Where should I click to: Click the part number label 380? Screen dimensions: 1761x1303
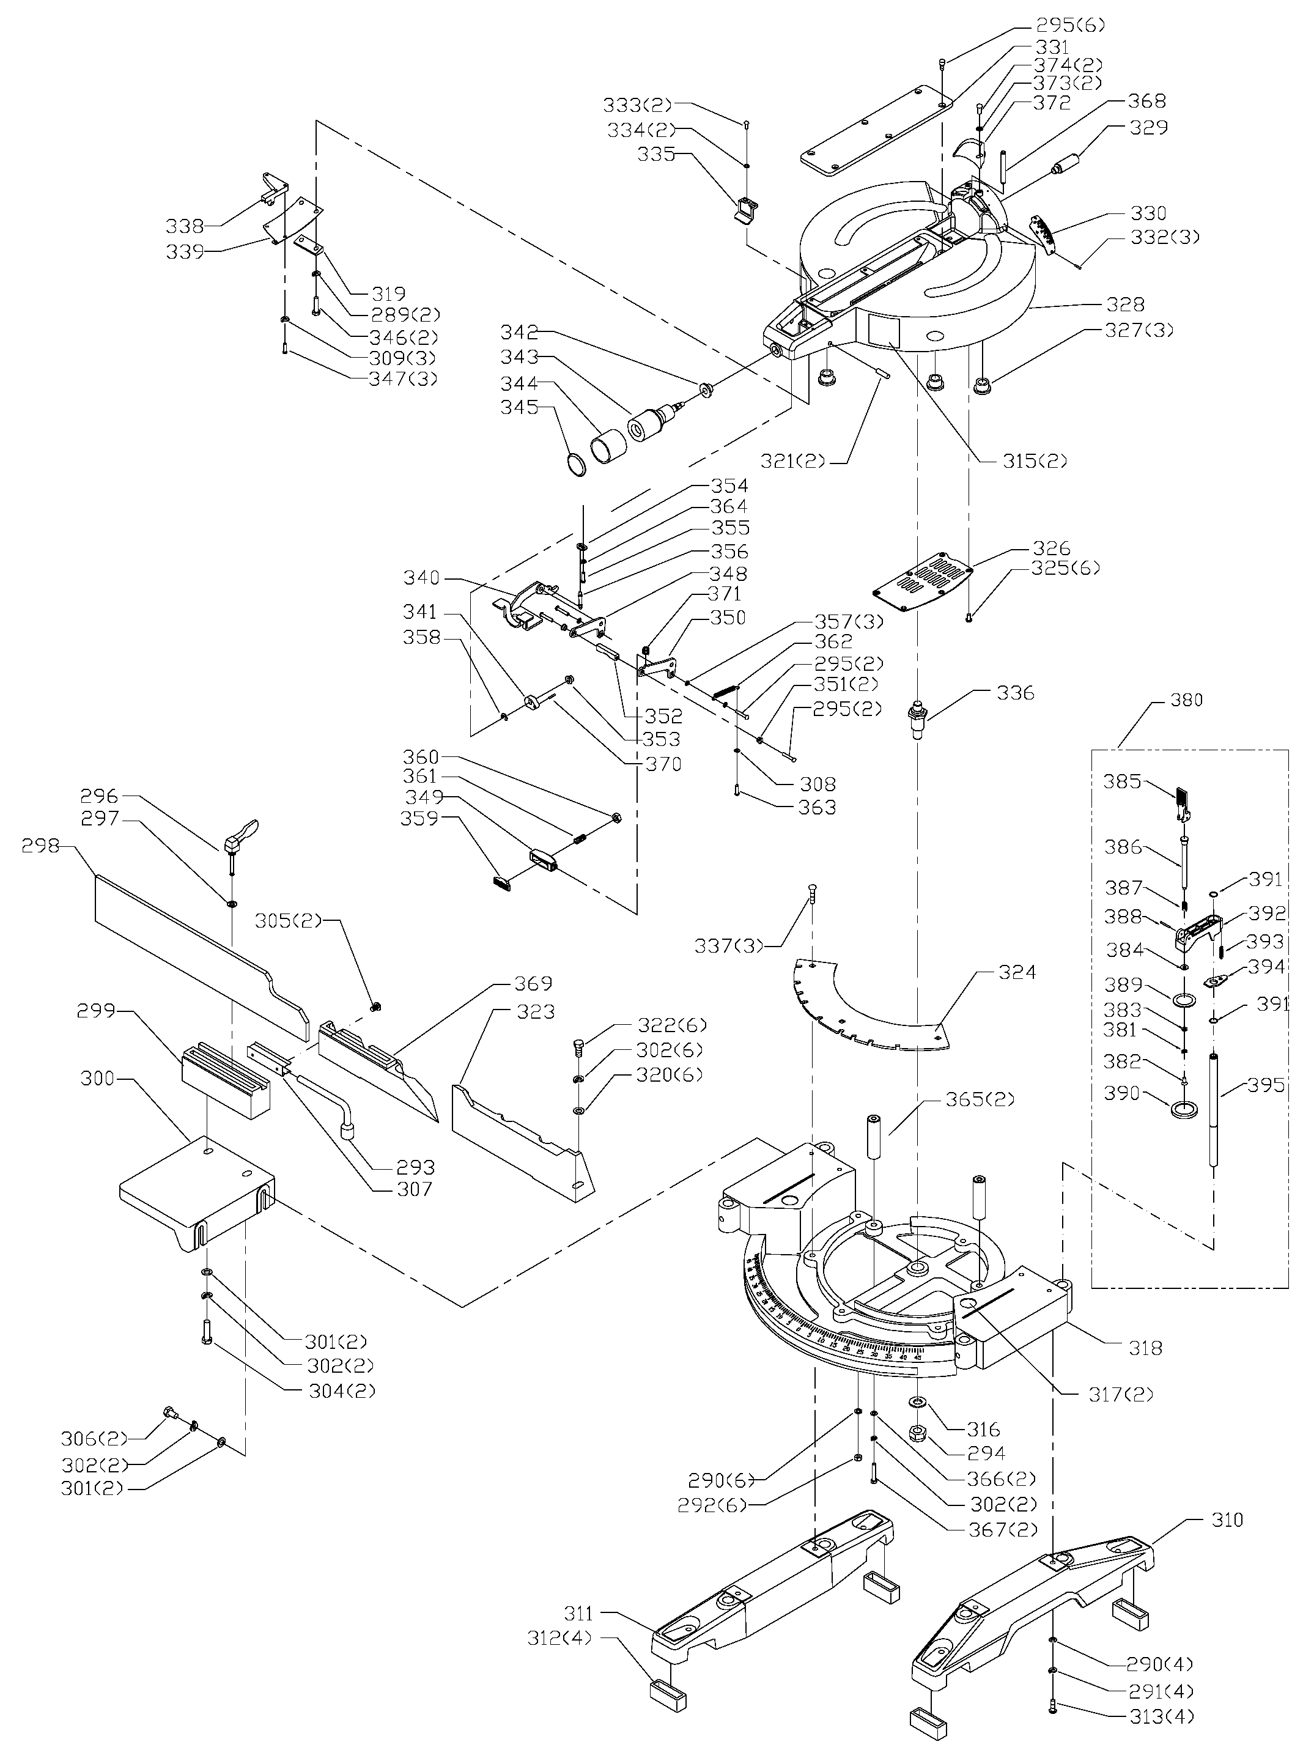pyautogui.click(x=1186, y=700)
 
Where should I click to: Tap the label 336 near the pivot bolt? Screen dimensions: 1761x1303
pyautogui.click(x=1015, y=692)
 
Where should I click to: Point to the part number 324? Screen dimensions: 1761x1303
pyautogui.click(x=1017, y=972)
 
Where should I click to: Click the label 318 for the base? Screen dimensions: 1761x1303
pyautogui.click(x=1145, y=1348)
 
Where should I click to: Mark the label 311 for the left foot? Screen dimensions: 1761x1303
pyautogui.click(x=580, y=1614)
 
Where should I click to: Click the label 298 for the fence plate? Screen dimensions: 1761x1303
pyautogui.click(x=41, y=846)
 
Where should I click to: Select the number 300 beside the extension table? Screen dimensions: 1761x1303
pyautogui.click(x=98, y=1078)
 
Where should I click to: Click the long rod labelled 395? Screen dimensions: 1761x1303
pyautogui.click(x=1214, y=1112)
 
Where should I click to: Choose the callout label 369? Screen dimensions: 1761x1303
pyautogui.click(x=533, y=983)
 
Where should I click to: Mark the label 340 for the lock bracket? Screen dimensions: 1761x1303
pyautogui.click(x=421, y=577)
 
